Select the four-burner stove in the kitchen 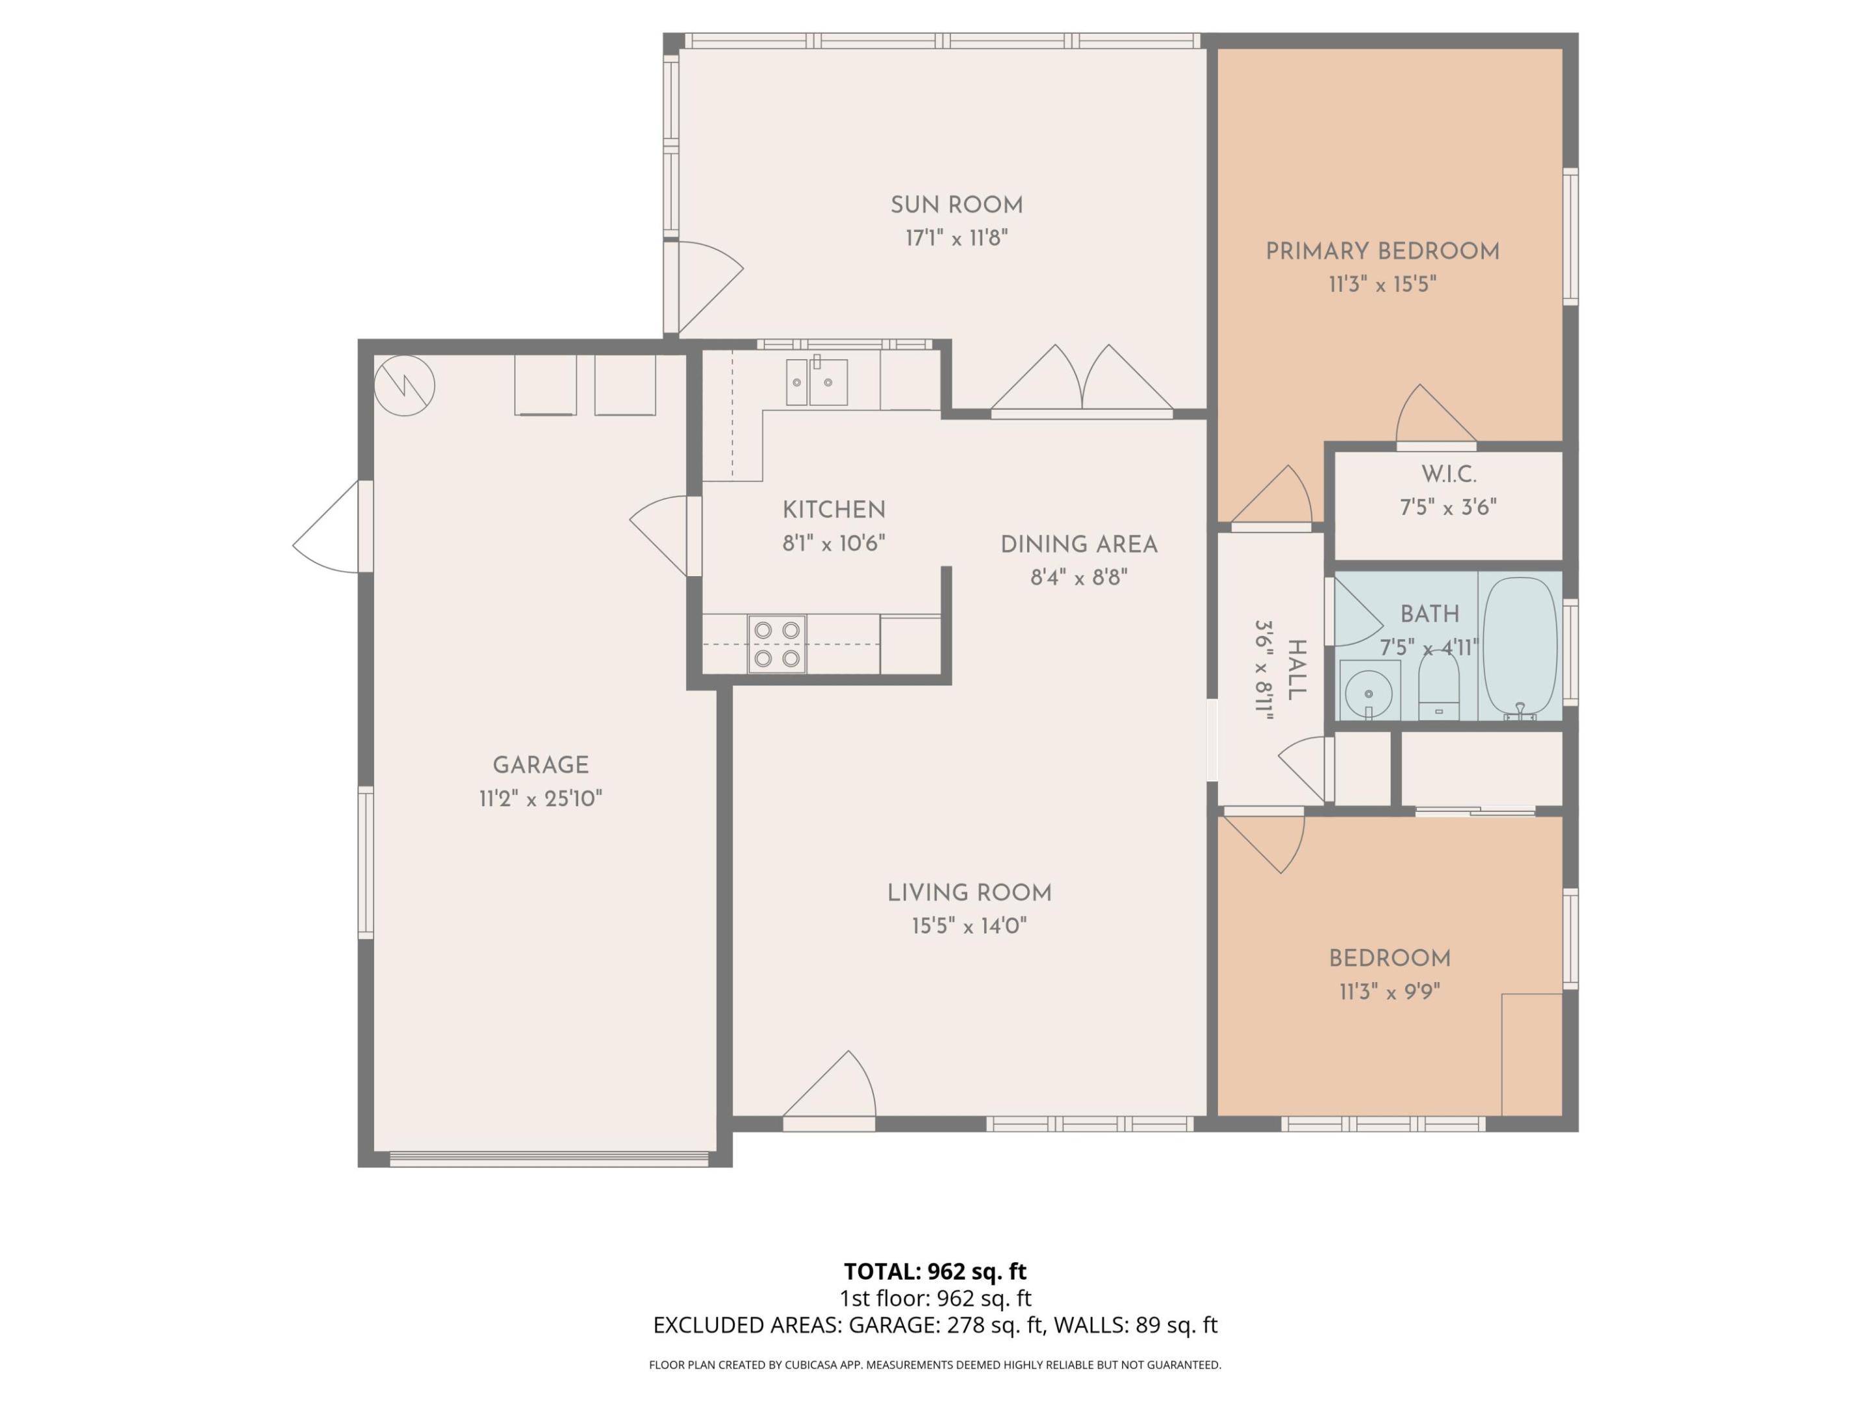(776, 644)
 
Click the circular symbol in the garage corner (404, 386)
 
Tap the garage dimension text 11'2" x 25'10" (541, 798)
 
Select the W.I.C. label (1448, 474)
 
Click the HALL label (1295, 670)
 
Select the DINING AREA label (1078, 544)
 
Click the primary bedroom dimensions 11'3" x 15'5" (1382, 284)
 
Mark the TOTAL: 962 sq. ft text (935, 1271)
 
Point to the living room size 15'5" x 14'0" (969, 926)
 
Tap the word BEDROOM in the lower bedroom (1389, 959)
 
